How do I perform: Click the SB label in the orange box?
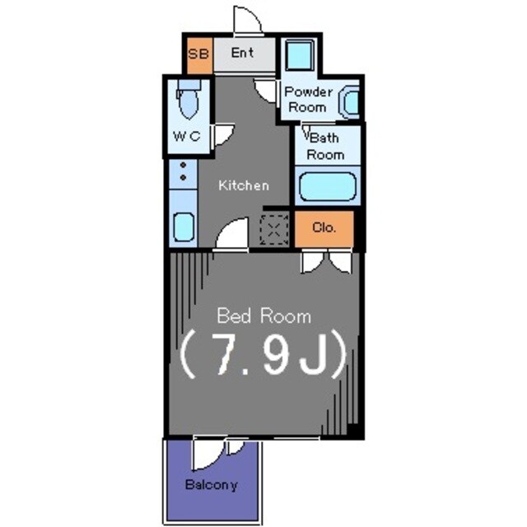click(198, 54)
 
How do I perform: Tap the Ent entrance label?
click(242, 53)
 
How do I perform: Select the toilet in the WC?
click(189, 99)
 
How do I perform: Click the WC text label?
click(187, 136)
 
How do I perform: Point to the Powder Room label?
click(308, 100)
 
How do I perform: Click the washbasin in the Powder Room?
click(350, 101)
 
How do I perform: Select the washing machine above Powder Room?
click(300, 55)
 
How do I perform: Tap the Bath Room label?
click(325, 147)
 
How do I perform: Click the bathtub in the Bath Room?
click(328, 187)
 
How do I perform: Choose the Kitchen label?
click(244, 185)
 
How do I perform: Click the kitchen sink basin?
click(184, 226)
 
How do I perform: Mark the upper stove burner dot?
click(183, 165)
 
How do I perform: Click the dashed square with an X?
click(274, 230)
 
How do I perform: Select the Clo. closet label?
click(324, 228)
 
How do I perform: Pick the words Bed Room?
click(263, 316)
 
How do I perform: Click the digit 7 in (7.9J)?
click(225, 355)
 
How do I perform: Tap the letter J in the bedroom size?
click(314, 356)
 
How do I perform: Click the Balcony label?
click(212, 485)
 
